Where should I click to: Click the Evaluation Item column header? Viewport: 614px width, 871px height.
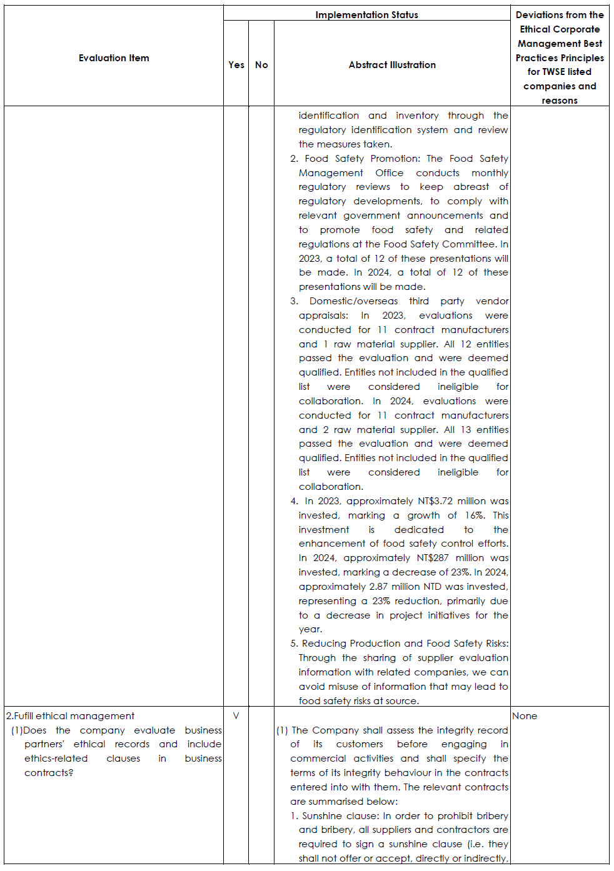[x=114, y=58]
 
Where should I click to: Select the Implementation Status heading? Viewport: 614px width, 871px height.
[x=366, y=14]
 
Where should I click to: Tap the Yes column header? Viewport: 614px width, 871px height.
[x=236, y=65]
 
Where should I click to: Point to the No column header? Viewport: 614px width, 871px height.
[x=261, y=65]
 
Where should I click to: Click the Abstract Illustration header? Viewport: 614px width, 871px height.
[x=392, y=65]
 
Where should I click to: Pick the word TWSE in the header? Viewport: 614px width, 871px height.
[x=553, y=72]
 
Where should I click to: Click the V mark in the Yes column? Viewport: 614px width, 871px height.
[x=236, y=716]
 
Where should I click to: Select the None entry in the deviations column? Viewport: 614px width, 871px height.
[x=525, y=716]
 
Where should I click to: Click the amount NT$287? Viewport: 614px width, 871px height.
[x=433, y=558]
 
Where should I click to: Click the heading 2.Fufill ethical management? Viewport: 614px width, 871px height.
[x=70, y=716]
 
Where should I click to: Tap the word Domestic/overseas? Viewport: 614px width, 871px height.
[x=353, y=301]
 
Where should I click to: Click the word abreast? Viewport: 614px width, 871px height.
[x=471, y=187]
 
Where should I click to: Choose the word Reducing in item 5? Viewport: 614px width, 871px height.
[x=324, y=644]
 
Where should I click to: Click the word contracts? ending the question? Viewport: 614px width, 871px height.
[x=49, y=773]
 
